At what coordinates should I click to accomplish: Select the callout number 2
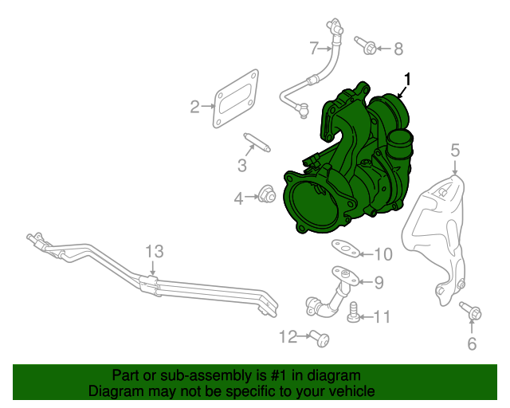(x=194, y=106)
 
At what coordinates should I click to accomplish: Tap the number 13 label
(x=154, y=252)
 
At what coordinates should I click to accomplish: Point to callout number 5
(x=455, y=149)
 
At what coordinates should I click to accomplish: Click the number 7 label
(x=313, y=47)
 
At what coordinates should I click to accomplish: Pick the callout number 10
(x=383, y=254)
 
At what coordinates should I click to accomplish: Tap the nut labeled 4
(x=268, y=194)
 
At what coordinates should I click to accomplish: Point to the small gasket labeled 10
(x=343, y=248)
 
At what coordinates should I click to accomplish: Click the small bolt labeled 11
(x=354, y=316)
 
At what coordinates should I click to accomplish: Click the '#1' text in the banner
(x=265, y=375)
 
